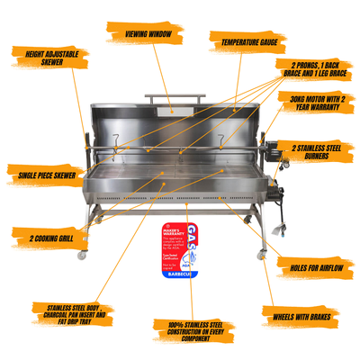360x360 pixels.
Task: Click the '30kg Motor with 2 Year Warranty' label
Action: (x=315, y=103)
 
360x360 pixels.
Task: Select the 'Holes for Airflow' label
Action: (x=311, y=266)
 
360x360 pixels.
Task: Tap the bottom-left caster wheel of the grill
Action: (x=83, y=256)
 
